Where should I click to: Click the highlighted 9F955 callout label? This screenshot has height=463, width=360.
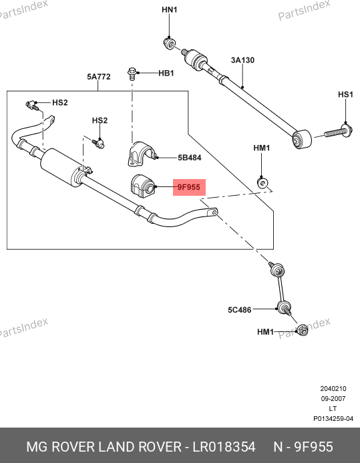click(189, 187)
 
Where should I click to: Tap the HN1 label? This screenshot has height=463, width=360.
click(170, 10)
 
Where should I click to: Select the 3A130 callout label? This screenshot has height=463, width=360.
click(242, 60)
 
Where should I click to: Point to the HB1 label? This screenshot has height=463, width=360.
click(166, 73)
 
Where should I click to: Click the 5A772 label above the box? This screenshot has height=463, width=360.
click(99, 77)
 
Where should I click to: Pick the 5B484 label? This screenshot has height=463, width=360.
click(190, 158)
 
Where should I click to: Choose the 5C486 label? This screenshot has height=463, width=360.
click(240, 310)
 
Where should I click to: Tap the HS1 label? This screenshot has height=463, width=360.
click(345, 94)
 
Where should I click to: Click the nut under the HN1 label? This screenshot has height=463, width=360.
click(169, 43)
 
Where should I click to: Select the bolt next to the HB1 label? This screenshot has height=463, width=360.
click(132, 73)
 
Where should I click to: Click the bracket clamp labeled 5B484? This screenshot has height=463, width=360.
click(141, 154)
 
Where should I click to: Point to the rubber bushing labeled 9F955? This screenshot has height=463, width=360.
click(142, 186)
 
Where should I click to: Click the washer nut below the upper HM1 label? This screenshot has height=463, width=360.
click(262, 183)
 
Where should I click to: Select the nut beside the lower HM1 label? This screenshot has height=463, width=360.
click(302, 330)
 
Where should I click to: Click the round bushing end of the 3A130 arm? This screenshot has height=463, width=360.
click(302, 139)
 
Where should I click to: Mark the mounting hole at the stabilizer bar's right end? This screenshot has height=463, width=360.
click(215, 212)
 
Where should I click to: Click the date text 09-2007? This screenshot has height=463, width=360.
click(333, 399)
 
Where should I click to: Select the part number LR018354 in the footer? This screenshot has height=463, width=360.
click(224, 447)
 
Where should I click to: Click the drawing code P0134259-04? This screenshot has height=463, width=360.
click(333, 419)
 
